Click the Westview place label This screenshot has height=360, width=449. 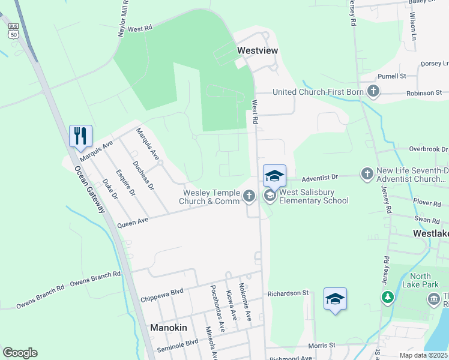pyautogui.click(x=258, y=51)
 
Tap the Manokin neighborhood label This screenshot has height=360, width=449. pyautogui.click(x=168, y=328)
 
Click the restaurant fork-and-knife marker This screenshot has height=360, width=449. pyautogui.click(x=80, y=136)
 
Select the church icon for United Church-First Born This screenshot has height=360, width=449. pyautogui.click(x=373, y=92)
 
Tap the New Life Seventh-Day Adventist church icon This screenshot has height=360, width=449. pyautogui.click(x=367, y=174)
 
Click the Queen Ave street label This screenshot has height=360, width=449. pyautogui.click(x=133, y=223)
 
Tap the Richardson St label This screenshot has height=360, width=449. pyautogui.click(x=288, y=293)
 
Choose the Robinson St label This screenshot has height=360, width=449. pyautogui.click(x=424, y=93)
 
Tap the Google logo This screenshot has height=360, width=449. pyautogui.click(x=20, y=353)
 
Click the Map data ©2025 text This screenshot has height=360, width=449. pyautogui.click(x=423, y=355)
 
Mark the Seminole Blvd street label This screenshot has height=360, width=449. pyautogui.click(x=177, y=343)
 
